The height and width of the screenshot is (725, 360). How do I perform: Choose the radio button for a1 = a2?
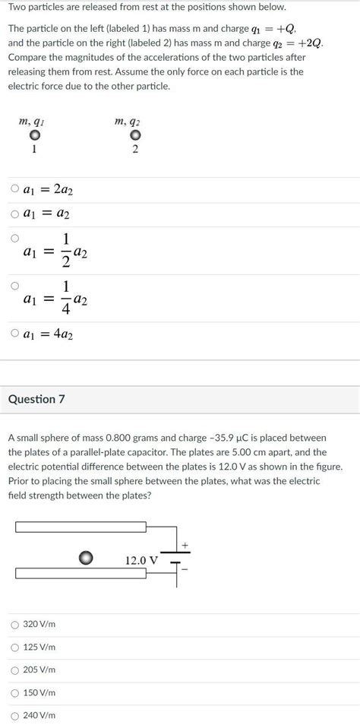[x=15, y=214]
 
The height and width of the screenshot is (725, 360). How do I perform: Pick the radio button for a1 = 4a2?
[x=15, y=333]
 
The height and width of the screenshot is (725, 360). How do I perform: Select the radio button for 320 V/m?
[x=15, y=624]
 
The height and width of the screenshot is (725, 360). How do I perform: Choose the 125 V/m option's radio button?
[x=15, y=647]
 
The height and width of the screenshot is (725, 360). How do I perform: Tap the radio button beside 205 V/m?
[x=15, y=670]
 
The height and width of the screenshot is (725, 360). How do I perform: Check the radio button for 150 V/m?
[x=15, y=692]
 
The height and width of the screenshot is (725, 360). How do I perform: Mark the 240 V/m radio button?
[x=15, y=715]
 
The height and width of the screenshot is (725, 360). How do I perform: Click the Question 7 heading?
[x=36, y=399]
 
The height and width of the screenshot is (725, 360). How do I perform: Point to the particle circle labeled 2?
[x=135, y=136]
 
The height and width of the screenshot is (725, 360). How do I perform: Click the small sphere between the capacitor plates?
[x=87, y=559]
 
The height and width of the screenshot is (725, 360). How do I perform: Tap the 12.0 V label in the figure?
[x=141, y=560]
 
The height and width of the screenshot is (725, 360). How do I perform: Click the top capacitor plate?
[x=81, y=527]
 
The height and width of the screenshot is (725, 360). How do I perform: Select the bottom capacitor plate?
[x=81, y=573]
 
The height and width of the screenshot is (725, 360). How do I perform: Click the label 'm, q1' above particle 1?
[x=30, y=122]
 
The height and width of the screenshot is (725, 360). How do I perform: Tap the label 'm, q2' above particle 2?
[x=127, y=122]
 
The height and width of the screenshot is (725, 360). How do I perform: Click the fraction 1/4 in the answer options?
[x=66, y=299]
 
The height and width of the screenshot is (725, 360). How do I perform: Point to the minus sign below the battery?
[x=185, y=569]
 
